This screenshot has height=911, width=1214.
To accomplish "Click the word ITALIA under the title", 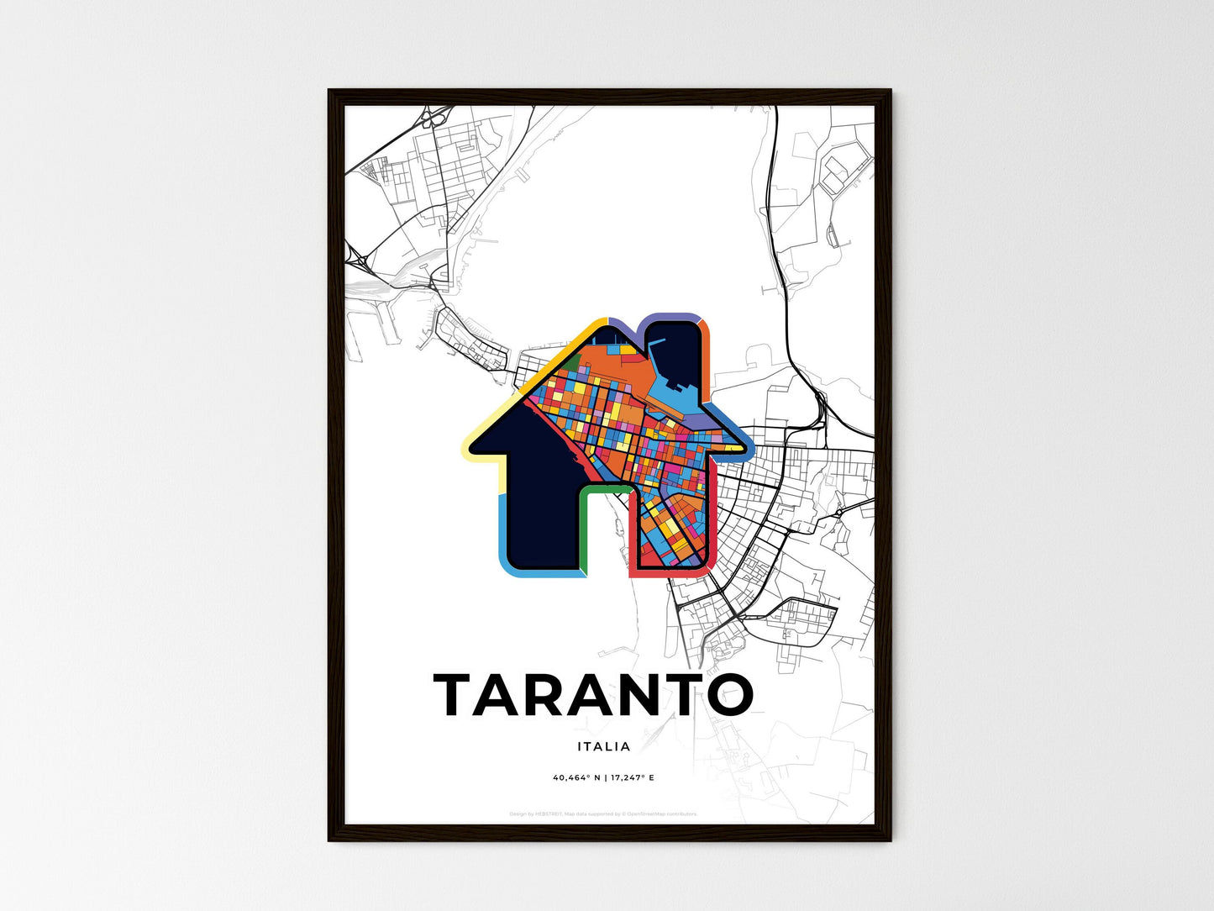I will pyautogui.click(x=603, y=745).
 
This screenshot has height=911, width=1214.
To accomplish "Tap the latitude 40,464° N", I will pyautogui.click(x=576, y=777).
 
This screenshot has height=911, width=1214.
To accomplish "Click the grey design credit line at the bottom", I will pyautogui.click(x=603, y=814).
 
